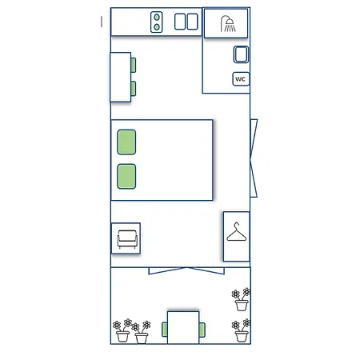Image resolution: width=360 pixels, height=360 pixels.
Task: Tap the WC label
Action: tap(240, 79)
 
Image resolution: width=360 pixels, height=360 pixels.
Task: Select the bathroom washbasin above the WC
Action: tap(241, 54)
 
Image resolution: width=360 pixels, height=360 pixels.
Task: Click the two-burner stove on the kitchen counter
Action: tap(157, 22)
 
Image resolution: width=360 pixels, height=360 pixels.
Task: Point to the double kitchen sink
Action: tap(186, 22)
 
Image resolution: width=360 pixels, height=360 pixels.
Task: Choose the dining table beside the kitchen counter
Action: tap(120, 77)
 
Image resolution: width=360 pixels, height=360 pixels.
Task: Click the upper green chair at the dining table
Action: tap(134, 65)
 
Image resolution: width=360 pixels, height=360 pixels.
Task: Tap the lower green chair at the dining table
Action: tap(134, 88)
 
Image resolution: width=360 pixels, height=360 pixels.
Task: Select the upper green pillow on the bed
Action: tap(126, 142)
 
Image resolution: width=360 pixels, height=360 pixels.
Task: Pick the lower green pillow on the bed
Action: tap(126, 176)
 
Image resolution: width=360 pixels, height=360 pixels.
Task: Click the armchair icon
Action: tap(126, 238)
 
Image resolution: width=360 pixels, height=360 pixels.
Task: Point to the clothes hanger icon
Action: tap(237, 235)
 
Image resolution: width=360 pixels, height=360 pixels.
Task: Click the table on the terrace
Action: tap(183, 328)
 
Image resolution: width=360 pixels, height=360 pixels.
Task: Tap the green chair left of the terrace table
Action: tap(165, 330)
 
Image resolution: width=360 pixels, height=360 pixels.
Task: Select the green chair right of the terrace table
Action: tap(202, 330)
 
